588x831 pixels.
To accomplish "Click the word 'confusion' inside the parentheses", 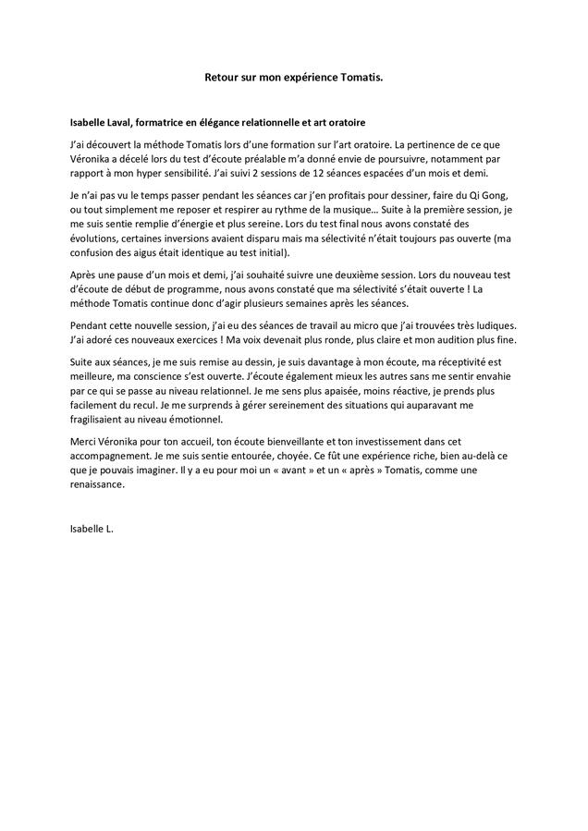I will (x=93, y=252).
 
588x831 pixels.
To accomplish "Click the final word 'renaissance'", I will (x=97, y=485).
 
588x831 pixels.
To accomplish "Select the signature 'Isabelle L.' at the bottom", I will (x=92, y=530).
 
